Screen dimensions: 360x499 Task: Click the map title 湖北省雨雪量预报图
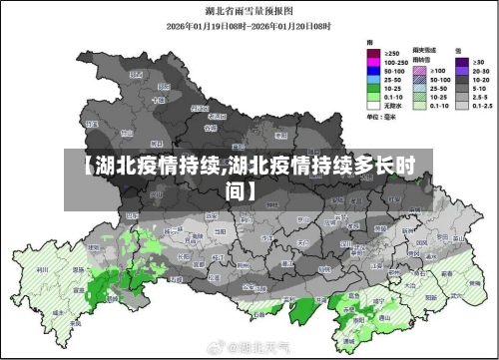point(249,12)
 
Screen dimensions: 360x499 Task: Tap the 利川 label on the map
point(42,268)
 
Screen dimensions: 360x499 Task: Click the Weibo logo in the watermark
point(214,349)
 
